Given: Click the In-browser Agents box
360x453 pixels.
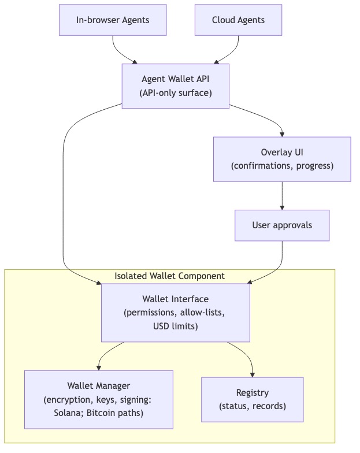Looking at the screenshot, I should (x=113, y=20).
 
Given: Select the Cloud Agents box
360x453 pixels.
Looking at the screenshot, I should (x=238, y=20).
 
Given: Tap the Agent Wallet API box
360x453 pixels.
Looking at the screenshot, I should (x=176, y=85).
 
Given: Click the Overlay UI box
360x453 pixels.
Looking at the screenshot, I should (x=281, y=159).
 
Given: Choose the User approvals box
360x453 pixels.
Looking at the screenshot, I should (x=281, y=225).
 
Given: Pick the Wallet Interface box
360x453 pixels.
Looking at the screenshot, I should (x=176, y=313).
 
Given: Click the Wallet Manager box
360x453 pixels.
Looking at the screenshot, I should (x=99, y=399).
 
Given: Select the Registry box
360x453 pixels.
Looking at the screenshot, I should (x=252, y=399).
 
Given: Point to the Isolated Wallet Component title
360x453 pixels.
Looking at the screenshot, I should (x=170, y=276).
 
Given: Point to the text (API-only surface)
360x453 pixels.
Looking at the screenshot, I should (x=176, y=92).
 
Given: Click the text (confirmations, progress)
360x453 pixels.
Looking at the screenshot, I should (x=281, y=166).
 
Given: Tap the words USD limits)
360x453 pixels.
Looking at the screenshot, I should (x=176, y=326).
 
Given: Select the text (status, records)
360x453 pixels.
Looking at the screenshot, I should (x=252, y=406).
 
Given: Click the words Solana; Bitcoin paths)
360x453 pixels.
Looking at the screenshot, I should (x=99, y=413).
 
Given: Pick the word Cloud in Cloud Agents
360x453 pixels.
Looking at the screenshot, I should (x=223, y=20).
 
